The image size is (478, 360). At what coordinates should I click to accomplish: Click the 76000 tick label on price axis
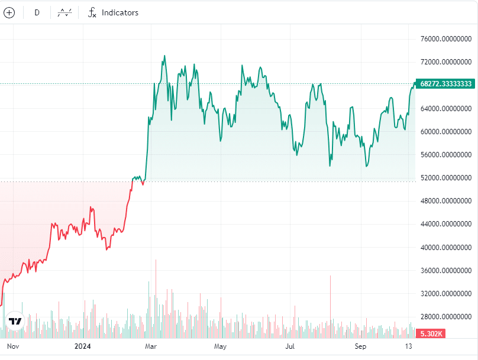pyautogui.click(x=445, y=39)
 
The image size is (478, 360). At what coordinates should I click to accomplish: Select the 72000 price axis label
pyautogui.click(x=445, y=62)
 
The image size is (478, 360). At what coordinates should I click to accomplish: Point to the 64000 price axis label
pyautogui.click(x=445, y=109)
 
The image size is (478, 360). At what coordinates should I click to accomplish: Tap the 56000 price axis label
pyautogui.click(x=445, y=155)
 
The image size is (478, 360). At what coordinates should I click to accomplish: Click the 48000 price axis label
pyautogui.click(x=445, y=201)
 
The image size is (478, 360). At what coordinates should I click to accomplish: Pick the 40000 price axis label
pyautogui.click(x=445, y=248)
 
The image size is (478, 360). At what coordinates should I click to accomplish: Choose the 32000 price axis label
pyautogui.click(x=445, y=294)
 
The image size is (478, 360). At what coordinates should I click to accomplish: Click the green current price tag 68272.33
pyautogui.click(x=445, y=84)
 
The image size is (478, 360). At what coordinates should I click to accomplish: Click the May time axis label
pyautogui.click(x=221, y=345)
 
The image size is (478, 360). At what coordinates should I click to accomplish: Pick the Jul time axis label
pyautogui.click(x=290, y=345)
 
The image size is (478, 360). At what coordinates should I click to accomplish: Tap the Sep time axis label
pyautogui.click(x=360, y=345)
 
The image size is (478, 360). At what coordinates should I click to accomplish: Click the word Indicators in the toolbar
pyautogui.click(x=119, y=12)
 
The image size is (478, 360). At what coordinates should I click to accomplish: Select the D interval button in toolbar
pyautogui.click(x=37, y=12)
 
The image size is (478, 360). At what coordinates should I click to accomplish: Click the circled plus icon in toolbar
pyautogui.click(x=9, y=12)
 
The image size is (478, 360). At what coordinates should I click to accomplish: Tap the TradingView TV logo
pyautogui.click(x=15, y=321)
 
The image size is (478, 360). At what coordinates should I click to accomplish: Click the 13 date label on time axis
pyautogui.click(x=408, y=345)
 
